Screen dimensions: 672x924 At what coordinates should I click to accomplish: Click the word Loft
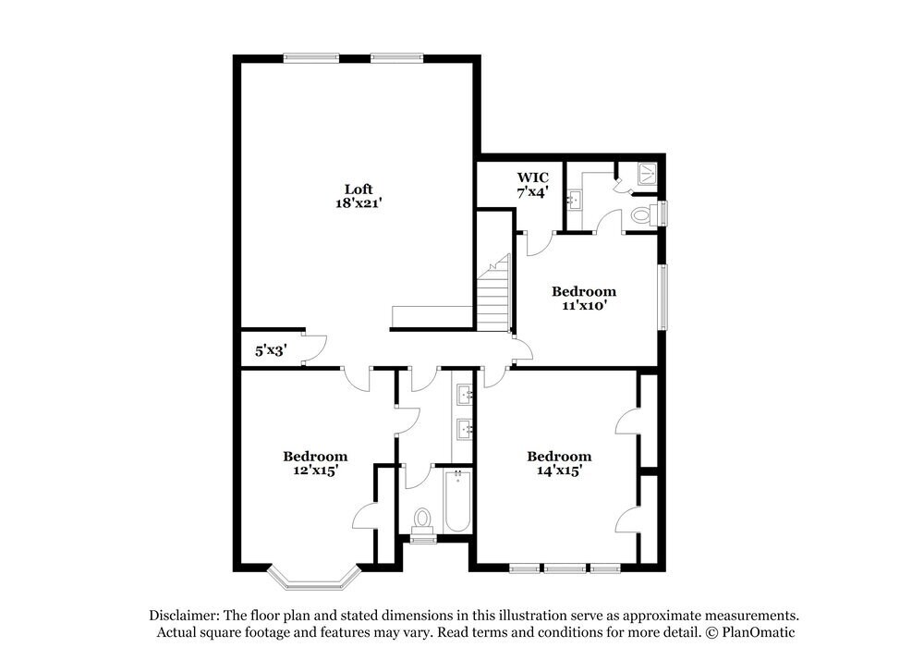[359, 189]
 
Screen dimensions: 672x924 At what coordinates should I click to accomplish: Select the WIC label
[532, 177]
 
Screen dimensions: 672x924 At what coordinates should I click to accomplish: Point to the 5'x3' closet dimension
[271, 351]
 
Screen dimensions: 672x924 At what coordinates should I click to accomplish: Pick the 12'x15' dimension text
[315, 470]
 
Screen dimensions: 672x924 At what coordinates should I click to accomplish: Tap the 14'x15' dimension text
[559, 470]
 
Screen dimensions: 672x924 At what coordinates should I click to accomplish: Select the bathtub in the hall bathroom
[458, 503]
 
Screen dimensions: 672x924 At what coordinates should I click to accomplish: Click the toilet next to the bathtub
[423, 520]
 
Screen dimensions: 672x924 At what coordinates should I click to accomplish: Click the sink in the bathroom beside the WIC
[573, 199]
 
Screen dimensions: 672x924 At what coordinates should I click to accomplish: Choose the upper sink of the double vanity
[464, 396]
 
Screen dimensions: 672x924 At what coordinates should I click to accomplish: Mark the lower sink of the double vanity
[464, 428]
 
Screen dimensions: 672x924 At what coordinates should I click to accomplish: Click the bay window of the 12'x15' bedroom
[312, 580]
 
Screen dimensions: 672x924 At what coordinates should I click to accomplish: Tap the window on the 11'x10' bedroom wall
[662, 296]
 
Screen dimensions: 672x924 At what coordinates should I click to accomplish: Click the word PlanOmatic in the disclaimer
[756, 633]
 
